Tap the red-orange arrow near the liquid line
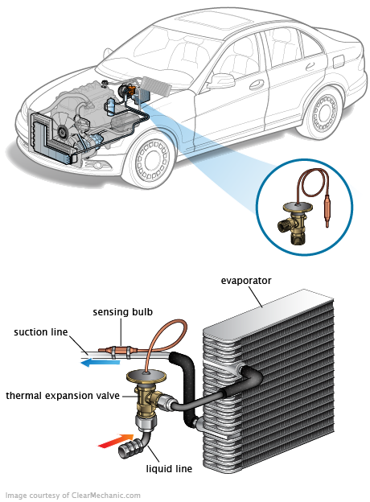click(x=115, y=441)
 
